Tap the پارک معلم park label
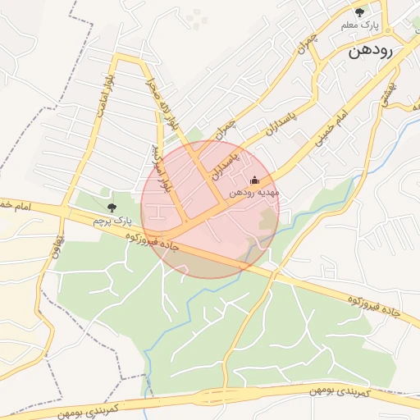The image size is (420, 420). (x=361, y=26)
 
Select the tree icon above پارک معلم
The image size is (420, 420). (x=360, y=11)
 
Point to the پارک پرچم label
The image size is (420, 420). (x=112, y=221)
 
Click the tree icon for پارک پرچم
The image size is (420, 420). (x=112, y=207)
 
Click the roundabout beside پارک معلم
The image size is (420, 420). (x=384, y=32)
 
